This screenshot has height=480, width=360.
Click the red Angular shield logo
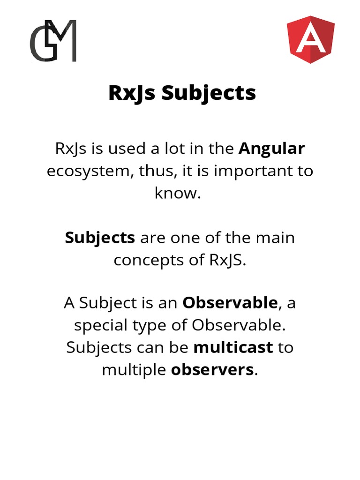coord(310,39)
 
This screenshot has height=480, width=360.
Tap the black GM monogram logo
coord(53,40)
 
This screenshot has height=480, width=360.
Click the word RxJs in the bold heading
coord(133,93)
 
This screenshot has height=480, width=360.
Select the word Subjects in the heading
coord(209,93)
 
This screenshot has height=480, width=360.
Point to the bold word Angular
coord(272,149)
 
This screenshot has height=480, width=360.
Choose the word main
coord(275,238)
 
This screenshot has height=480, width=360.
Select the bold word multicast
coord(233,347)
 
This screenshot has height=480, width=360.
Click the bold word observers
coord(212,370)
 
